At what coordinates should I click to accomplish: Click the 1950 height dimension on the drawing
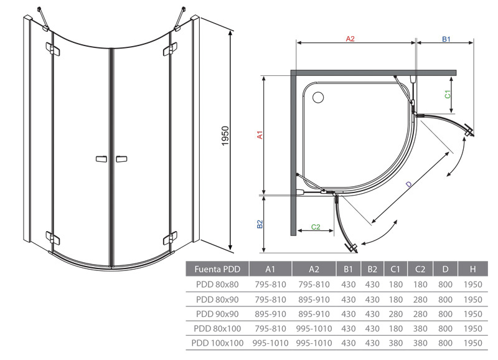coord(225,136)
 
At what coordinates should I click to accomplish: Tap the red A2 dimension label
coord(350,39)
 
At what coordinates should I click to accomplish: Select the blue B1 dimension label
coord(446,39)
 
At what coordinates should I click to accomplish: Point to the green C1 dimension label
coord(448,95)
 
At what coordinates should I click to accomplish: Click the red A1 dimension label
coord(260,135)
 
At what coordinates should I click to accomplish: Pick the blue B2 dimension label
coord(260,224)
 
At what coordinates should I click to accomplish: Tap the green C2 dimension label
coord(316,227)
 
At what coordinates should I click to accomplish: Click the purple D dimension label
coord(409,184)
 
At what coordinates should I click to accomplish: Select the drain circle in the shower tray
coord(318,98)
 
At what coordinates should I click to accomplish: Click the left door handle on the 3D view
coord(101,159)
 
